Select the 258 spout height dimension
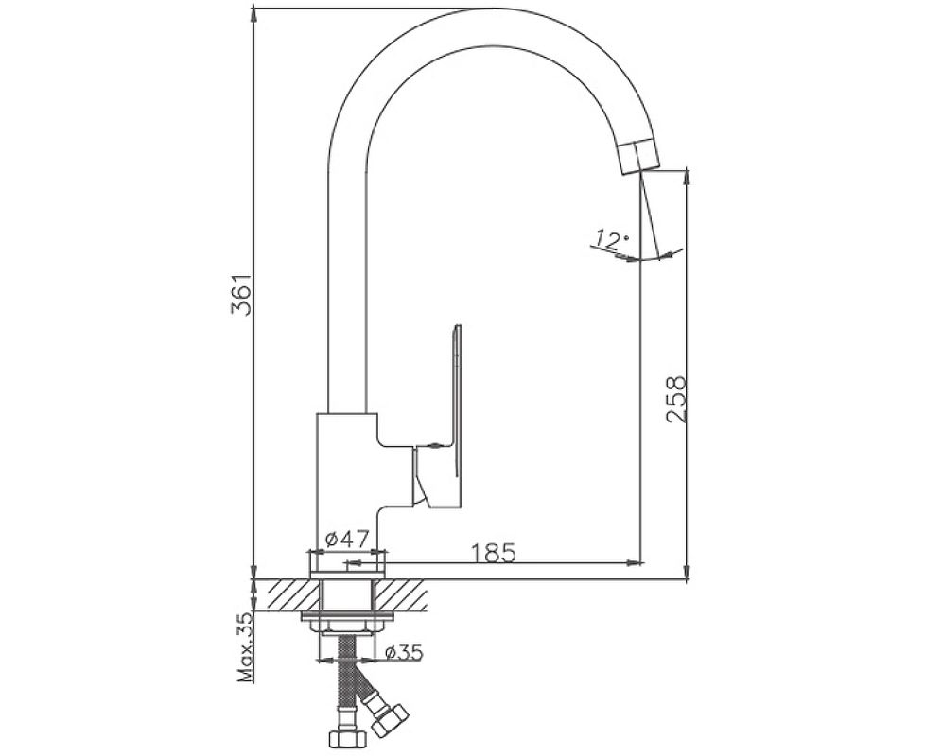[675, 399]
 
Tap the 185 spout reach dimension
[494, 553]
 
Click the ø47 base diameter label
[347, 539]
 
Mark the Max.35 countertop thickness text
[245, 647]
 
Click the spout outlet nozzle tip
[639, 157]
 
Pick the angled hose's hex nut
[391, 720]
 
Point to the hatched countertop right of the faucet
[401, 595]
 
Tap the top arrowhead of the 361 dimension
[253, 14]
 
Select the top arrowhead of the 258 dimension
[687, 176]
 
